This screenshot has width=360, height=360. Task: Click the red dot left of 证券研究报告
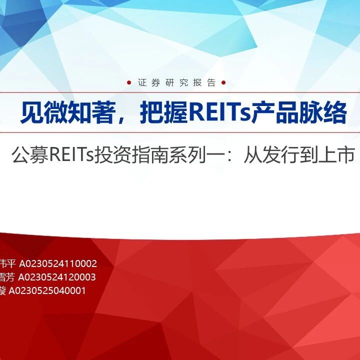(129, 82)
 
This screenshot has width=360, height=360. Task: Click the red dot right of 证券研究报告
(223, 82)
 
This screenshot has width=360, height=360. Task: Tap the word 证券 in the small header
(149, 82)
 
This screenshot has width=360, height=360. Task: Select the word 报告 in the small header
(204, 82)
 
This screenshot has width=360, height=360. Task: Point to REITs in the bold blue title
(220, 112)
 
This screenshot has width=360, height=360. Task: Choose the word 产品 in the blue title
(275, 112)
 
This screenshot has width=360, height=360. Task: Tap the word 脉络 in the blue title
(323, 112)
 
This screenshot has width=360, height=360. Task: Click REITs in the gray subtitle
(72, 155)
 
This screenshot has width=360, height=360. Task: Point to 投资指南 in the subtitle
(131, 155)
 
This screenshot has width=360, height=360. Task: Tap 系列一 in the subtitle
(196, 155)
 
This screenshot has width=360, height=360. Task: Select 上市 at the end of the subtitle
(336, 155)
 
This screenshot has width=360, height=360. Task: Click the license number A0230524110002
(58, 264)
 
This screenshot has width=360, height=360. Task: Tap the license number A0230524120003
(57, 277)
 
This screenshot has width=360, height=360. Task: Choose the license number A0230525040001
(47, 290)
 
